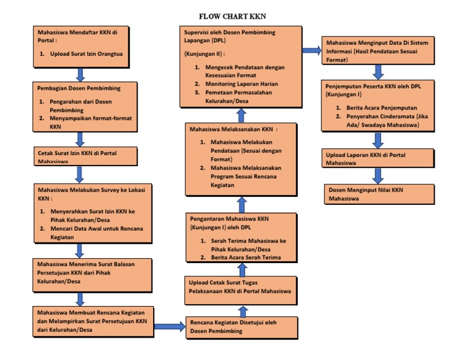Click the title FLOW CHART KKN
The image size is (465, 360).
pyautogui.click(x=232, y=16)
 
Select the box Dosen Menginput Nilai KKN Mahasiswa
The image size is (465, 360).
pyautogui.click(x=378, y=193)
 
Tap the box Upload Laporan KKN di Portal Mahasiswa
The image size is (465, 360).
pyautogui.click(x=378, y=158)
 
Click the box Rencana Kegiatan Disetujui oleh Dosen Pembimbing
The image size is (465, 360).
pyautogui.click(x=242, y=327)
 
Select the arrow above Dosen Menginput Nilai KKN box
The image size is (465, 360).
pyautogui.click(x=378, y=176)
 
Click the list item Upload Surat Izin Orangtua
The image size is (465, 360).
pyautogui.click(x=86, y=54)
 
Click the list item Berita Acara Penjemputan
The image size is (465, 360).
pyautogui.click(x=369, y=107)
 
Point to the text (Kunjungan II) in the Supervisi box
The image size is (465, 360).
pyautogui.click(x=203, y=53)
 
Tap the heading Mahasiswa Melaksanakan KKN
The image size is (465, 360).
pyautogui.click(x=233, y=129)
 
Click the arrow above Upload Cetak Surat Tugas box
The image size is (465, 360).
pyautogui.click(x=242, y=268)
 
